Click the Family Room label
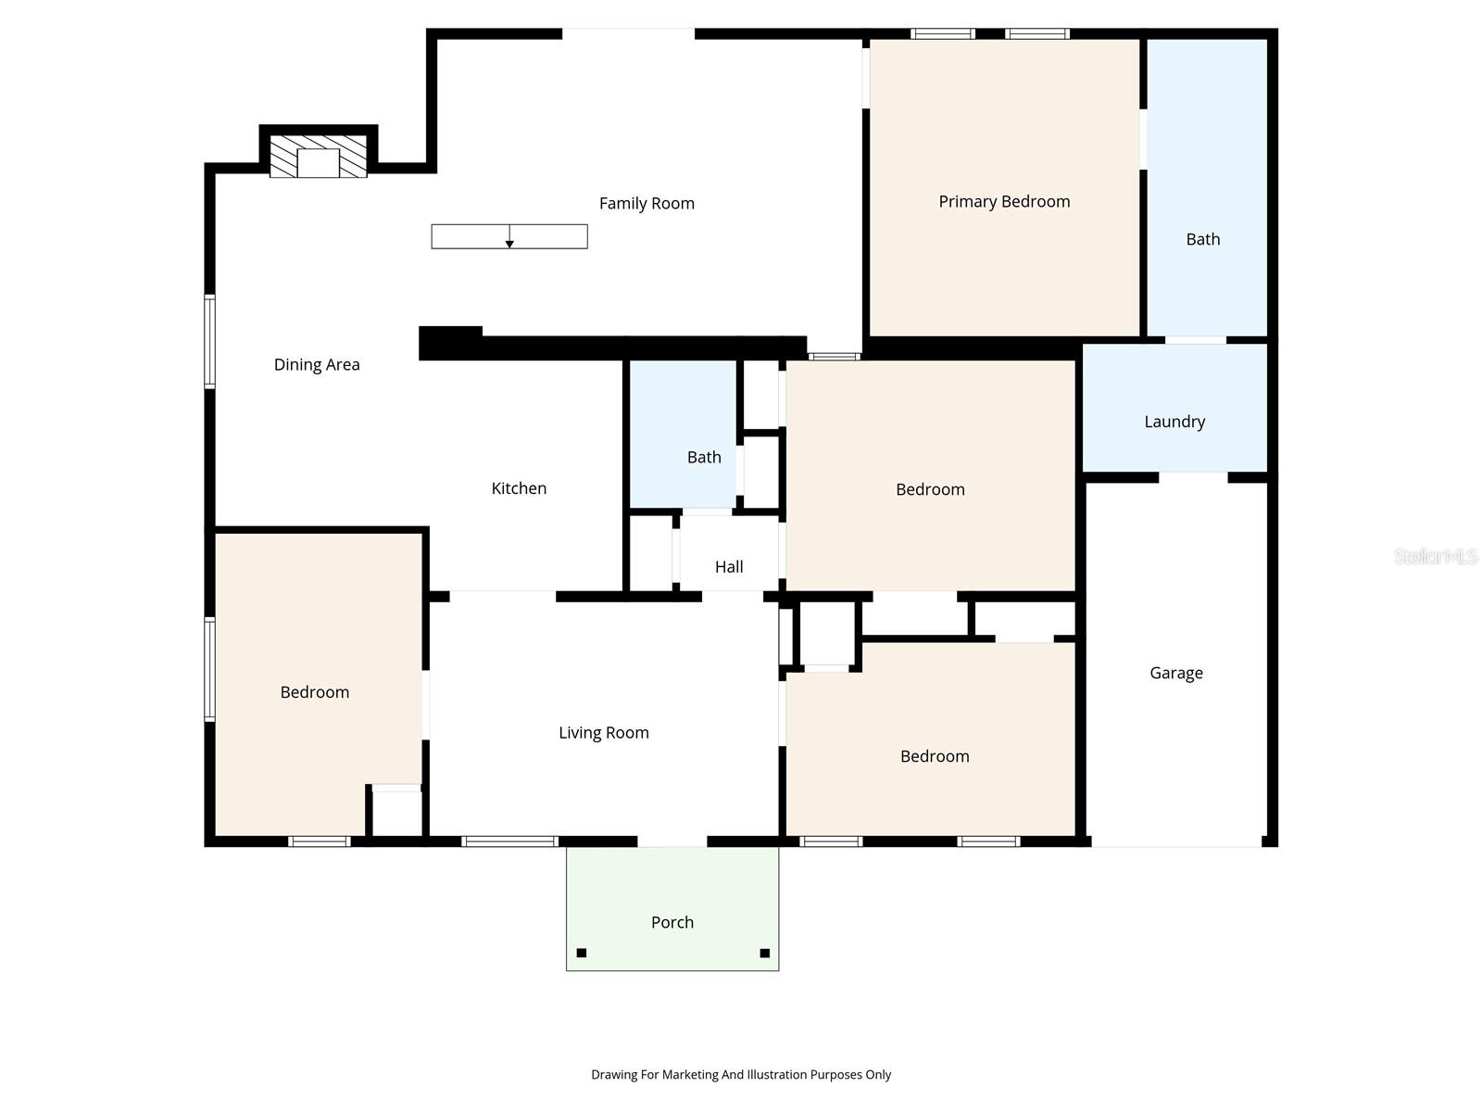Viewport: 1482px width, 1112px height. point(647,203)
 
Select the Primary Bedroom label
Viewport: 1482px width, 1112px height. point(1004,201)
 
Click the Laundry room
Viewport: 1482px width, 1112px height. point(1174,421)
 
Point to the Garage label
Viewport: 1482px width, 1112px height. point(1176,673)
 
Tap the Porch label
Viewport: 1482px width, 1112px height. point(672,922)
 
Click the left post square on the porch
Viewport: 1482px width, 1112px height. point(582,953)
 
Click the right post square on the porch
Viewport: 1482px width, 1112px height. point(765,953)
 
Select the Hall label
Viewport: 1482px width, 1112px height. point(729,566)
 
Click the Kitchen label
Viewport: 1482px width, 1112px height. point(519,488)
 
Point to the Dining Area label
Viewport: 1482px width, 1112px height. point(317,364)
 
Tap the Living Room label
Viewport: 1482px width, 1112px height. point(604,732)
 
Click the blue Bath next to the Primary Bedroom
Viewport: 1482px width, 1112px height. point(1203,239)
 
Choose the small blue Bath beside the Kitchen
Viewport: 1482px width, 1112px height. point(704,457)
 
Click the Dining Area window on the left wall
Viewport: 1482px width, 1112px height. point(210,341)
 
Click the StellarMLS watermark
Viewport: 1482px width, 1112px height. point(1436,556)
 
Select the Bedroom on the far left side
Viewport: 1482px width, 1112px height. point(315,692)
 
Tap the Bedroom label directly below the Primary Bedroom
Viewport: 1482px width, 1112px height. point(930,489)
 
